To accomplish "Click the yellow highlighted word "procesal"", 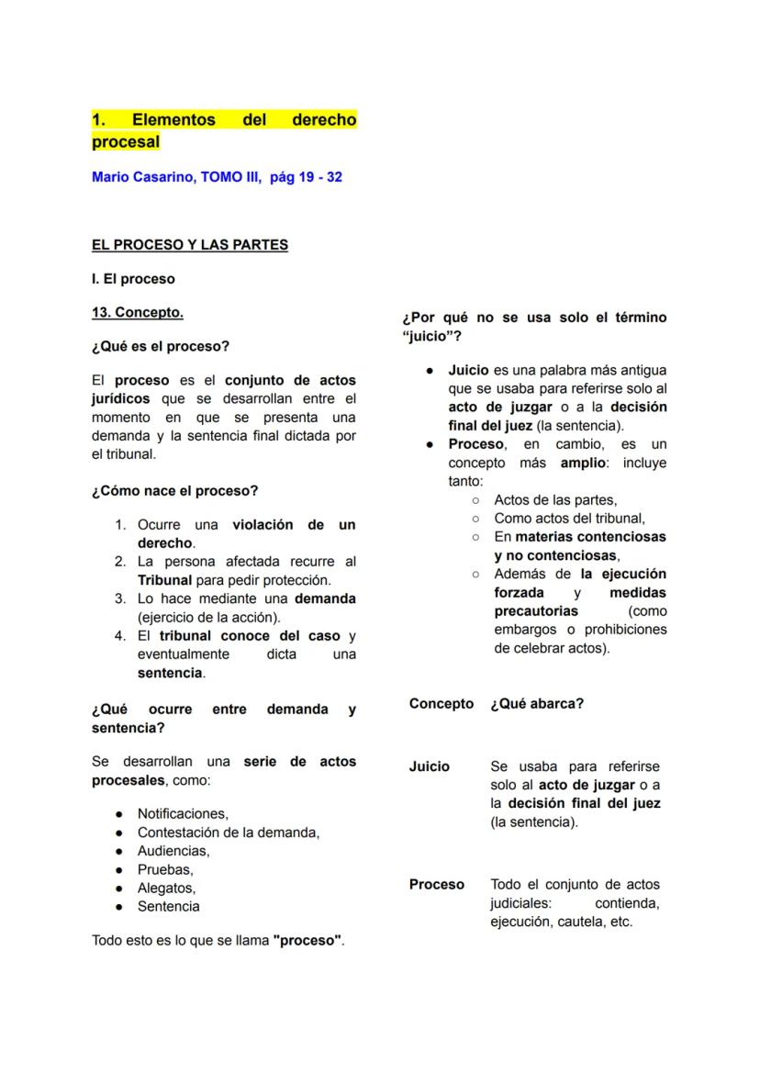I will tap(126, 142).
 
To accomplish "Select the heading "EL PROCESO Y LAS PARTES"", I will tap(190, 245).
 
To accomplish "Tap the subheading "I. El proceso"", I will tap(133, 278).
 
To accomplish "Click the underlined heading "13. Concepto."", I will tap(138, 312).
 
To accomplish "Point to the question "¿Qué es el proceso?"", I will tap(161, 346).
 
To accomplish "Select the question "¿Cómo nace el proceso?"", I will tap(175, 491).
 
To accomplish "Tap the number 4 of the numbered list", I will tap(120, 635).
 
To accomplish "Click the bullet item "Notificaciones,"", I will tap(183, 813).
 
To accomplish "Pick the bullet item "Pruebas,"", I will tap(165, 869).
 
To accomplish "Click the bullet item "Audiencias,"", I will tap(173, 851).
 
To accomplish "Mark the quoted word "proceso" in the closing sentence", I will tap(307, 941).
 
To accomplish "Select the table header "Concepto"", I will tap(441, 704).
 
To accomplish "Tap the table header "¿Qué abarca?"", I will tap(537, 704).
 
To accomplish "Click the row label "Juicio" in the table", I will tap(430, 766).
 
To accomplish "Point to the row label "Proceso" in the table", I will tap(437, 885).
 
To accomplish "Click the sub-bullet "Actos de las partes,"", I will tap(555, 500).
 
